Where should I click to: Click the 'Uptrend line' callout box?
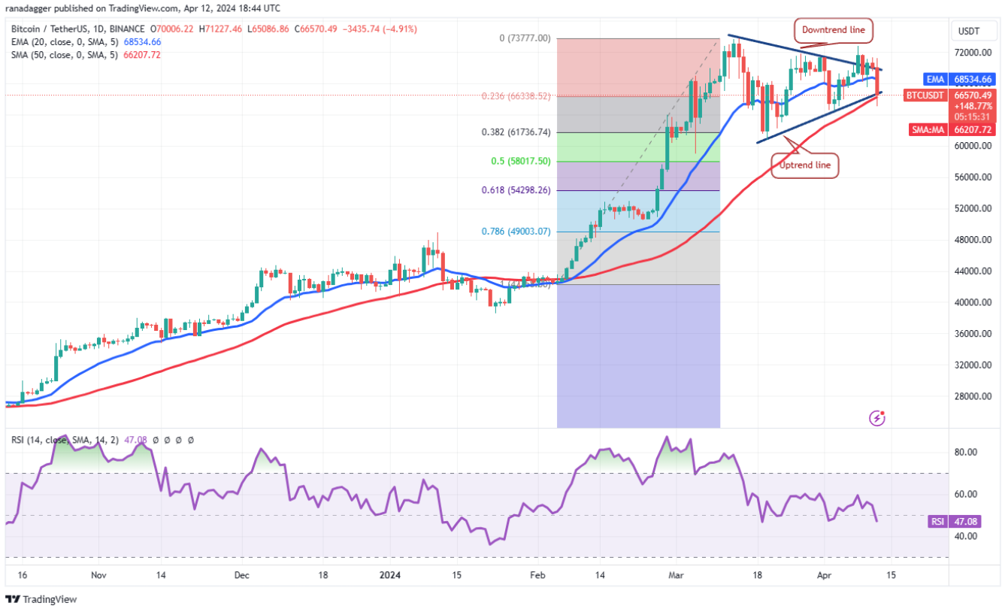click(x=804, y=165)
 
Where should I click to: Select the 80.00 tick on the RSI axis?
click(x=966, y=453)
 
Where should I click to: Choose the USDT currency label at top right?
click(x=971, y=31)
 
